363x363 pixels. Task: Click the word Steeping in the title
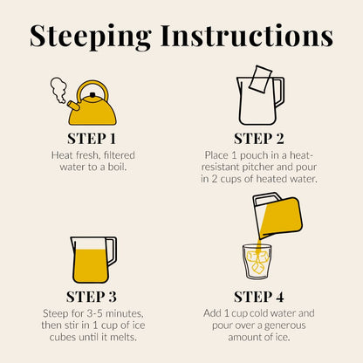pos(91,37)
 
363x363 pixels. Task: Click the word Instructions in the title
pos(247,36)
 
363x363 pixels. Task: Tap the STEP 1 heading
pos(92,139)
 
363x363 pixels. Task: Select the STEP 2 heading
pos(258,139)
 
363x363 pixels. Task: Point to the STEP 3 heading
pos(92,297)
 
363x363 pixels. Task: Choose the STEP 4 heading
pos(258,297)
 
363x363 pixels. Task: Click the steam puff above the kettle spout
pos(58,90)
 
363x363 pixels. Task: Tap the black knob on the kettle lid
pos(92,95)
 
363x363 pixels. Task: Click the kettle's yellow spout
pos(73,106)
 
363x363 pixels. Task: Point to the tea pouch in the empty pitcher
pos(260,79)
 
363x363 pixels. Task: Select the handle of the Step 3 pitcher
pos(113,251)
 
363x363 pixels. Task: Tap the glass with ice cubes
pos(257,262)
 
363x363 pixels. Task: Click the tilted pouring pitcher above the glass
pos(277,215)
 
